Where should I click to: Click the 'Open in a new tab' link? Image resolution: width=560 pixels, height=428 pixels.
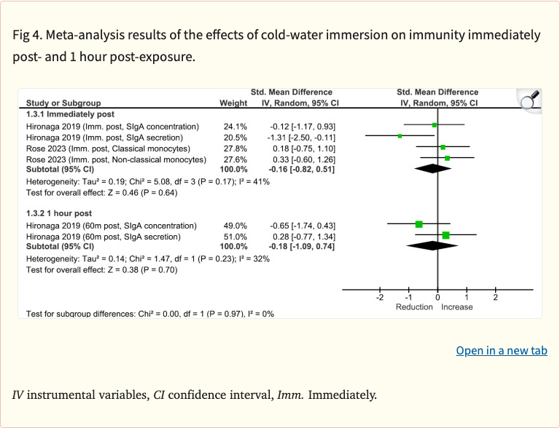[501, 351]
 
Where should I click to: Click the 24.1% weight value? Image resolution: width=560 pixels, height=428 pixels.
[235, 126]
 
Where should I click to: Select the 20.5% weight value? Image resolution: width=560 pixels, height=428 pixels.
[235, 137]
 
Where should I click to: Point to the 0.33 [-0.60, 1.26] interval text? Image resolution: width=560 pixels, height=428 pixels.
[303, 158]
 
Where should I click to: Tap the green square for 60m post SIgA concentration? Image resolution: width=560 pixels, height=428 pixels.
[419, 224]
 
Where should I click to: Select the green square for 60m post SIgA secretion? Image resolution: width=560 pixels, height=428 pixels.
[446, 235]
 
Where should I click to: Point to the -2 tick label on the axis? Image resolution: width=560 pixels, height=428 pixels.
[379, 298]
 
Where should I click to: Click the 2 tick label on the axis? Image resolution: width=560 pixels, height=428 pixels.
[495, 298]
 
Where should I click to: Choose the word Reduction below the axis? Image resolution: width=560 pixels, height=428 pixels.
[414, 307]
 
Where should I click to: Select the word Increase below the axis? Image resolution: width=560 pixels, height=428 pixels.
[456, 307]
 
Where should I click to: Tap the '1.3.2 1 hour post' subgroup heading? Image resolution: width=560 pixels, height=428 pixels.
[59, 213]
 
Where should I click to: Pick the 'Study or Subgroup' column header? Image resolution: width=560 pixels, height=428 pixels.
[63, 103]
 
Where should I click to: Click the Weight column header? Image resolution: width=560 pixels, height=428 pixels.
[233, 103]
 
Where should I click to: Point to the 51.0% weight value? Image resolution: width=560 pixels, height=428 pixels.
[235, 236]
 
